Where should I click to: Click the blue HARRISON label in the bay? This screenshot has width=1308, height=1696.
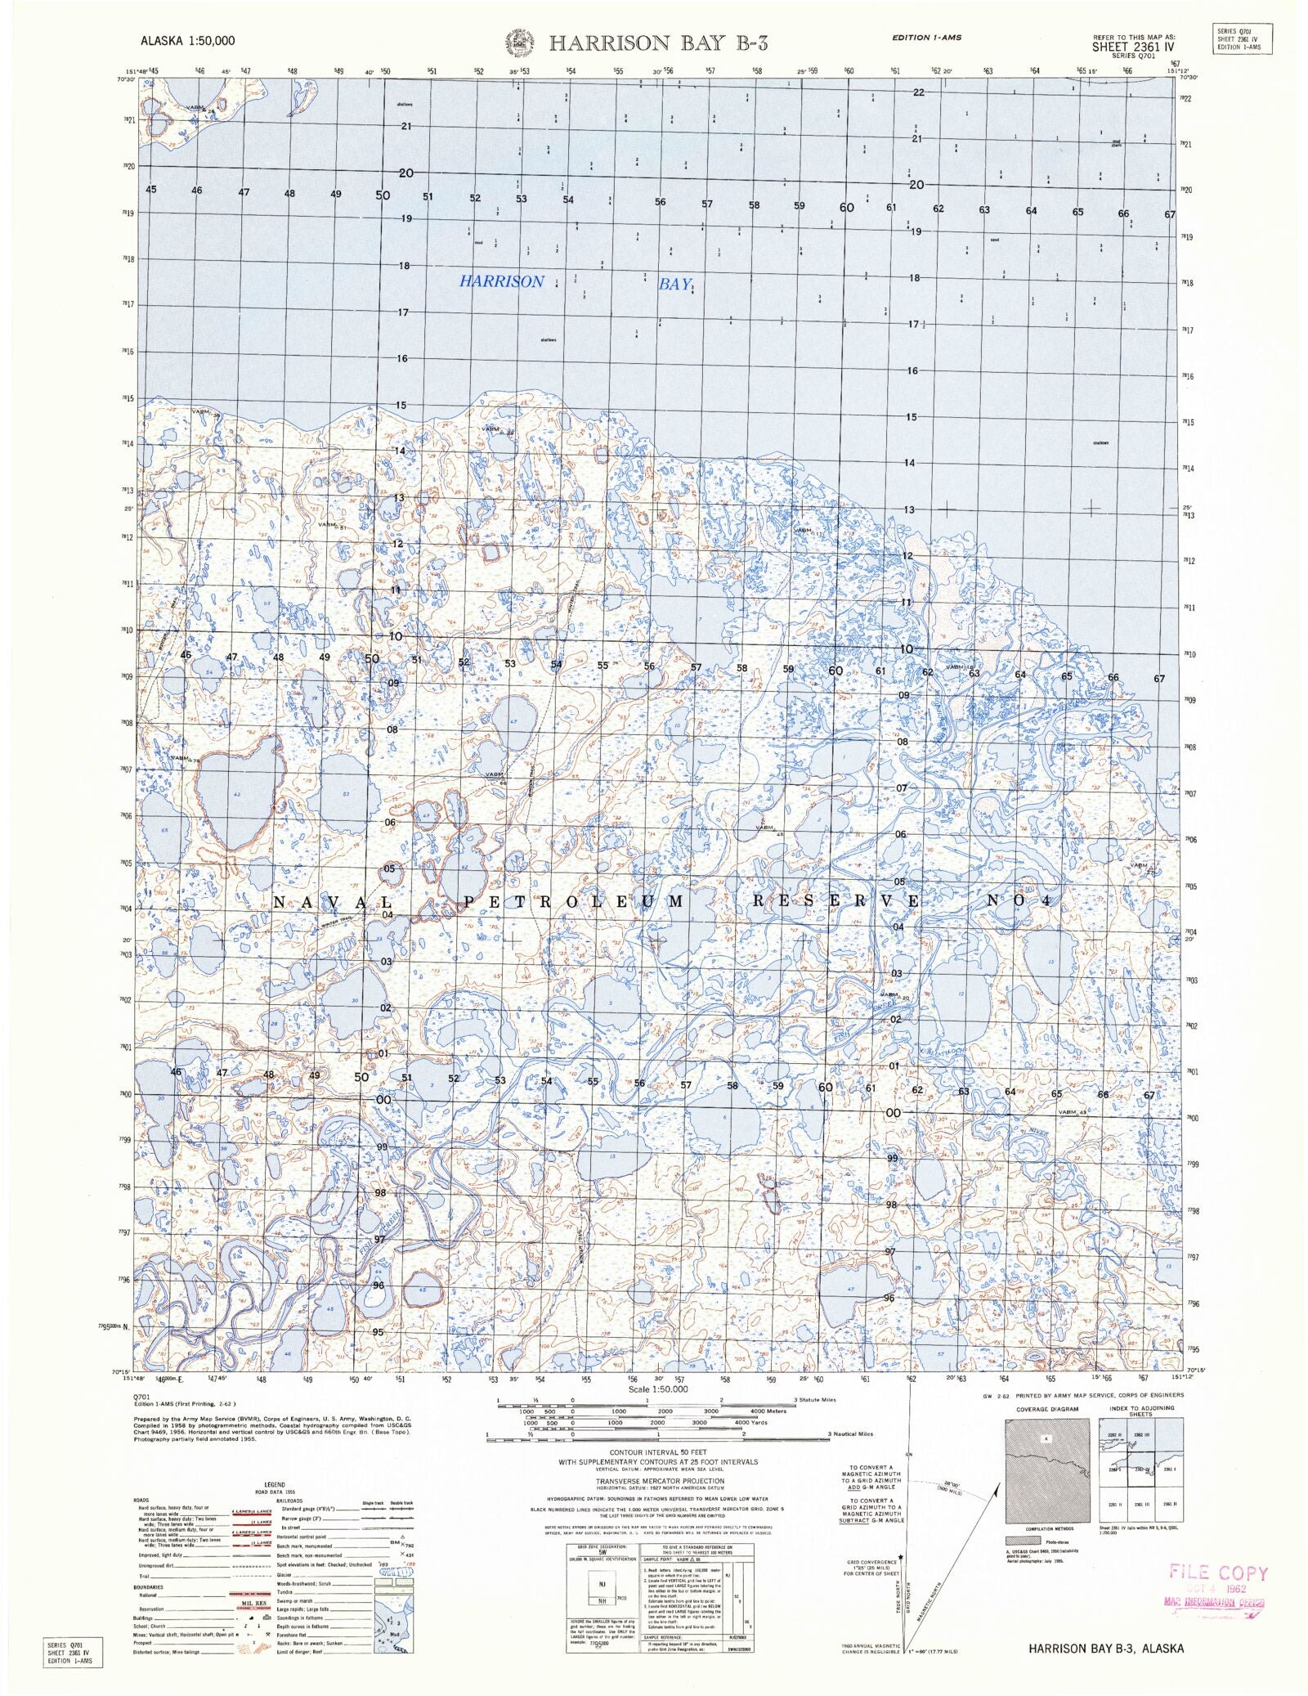tap(500, 281)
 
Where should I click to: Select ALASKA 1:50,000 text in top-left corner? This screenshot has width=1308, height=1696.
tap(188, 40)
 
